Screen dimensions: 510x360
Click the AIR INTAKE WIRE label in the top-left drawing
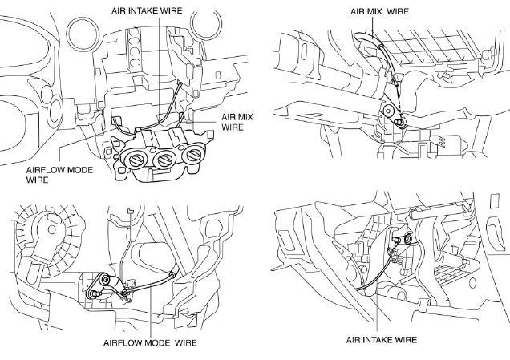pos(147,10)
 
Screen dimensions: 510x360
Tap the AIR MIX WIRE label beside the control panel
pos(237,122)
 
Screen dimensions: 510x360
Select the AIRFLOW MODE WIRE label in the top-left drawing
pos(59,175)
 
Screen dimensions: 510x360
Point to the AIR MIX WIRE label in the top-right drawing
pos(379,11)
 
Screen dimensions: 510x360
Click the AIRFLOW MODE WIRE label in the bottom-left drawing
pos(150,343)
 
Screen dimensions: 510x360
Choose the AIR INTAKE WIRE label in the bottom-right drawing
pos(382,340)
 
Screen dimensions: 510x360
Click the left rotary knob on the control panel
pos(136,159)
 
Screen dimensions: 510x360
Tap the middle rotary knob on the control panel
pos(164,160)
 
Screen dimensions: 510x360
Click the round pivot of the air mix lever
pos(388,111)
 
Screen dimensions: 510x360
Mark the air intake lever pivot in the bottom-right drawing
pos(407,240)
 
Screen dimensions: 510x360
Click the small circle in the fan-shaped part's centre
pos(51,229)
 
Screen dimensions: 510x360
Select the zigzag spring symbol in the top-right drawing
pos(441,142)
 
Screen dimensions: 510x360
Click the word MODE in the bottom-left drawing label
pos(156,343)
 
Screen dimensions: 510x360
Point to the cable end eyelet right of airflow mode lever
pos(172,275)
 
